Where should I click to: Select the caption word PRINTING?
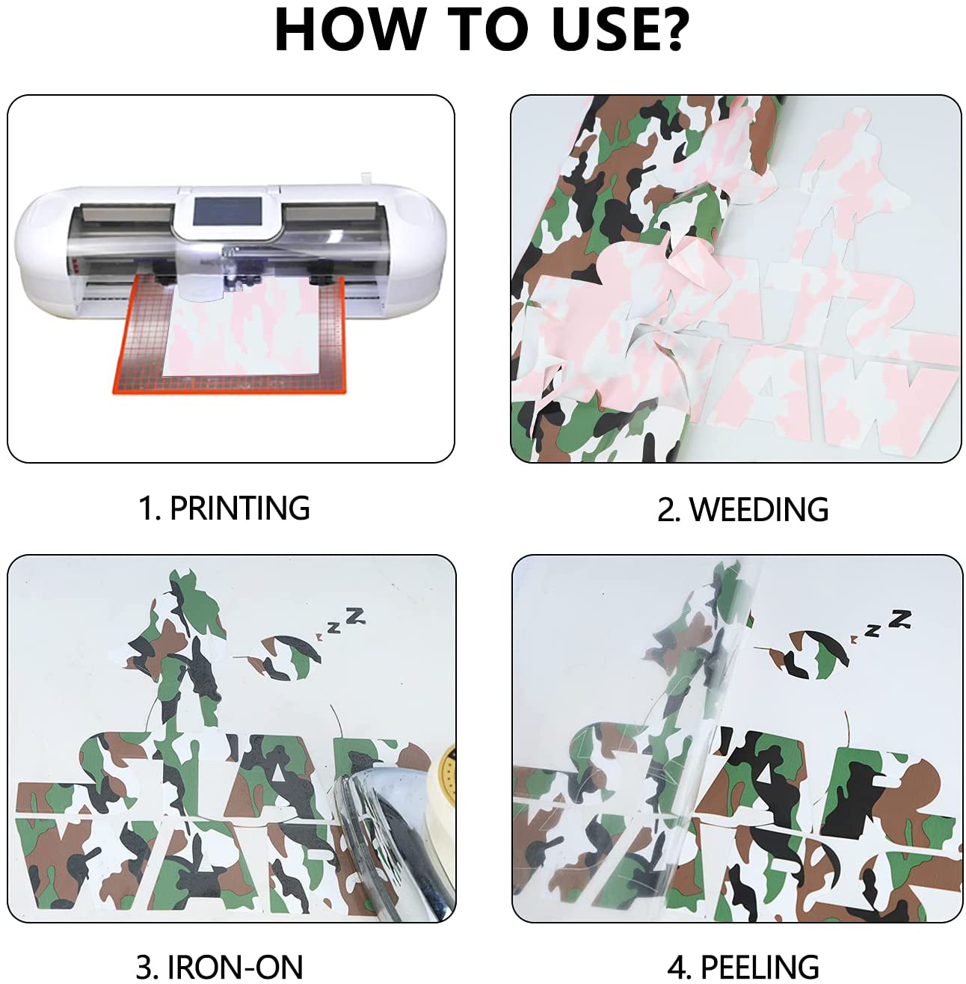(x=239, y=508)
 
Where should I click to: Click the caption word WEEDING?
(x=759, y=508)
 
